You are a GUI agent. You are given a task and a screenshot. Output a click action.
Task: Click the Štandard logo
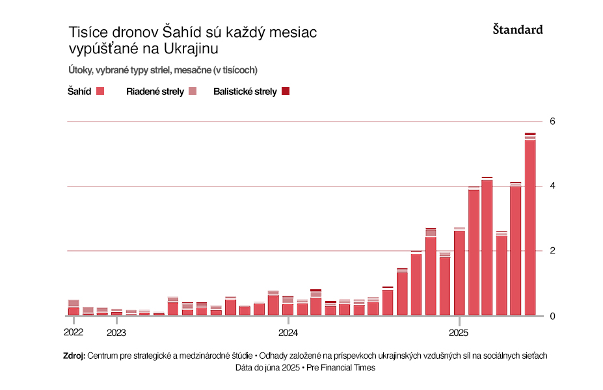click(518, 29)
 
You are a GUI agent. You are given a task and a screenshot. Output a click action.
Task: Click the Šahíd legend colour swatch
click(100, 92)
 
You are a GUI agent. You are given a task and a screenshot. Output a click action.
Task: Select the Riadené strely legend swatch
click(193, 92)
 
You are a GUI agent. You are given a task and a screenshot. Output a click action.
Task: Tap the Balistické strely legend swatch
click(285, 92)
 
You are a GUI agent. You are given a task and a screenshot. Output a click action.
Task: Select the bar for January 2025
click(459, 273)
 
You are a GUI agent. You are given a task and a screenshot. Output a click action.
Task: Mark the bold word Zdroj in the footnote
click(74, 356)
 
